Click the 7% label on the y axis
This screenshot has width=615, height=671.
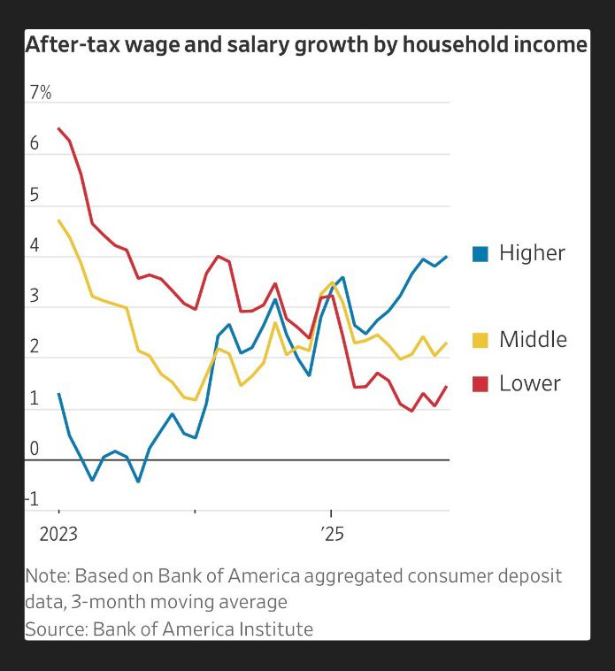click(40, 92)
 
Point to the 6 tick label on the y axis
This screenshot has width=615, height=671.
click(34, 143)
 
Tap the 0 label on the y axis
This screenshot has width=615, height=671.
click(34, 449)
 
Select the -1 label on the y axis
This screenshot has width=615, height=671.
click(33, 499)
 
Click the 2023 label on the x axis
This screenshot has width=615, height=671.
click(58, 535)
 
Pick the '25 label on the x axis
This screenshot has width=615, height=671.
click(332, 535)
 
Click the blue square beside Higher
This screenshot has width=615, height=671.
click(480, 253)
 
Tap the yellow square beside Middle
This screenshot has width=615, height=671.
click(480, 340)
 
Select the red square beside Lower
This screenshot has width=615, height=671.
click(480, 383)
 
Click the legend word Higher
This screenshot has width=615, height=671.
click(532, 253)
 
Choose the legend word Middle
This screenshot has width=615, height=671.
click(533, 340)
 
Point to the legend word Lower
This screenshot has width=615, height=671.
click(529, 383)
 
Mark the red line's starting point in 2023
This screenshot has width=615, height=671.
click(59, 129)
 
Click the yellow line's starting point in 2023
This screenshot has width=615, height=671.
click(59, 220)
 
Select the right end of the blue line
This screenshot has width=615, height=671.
click(447, 257)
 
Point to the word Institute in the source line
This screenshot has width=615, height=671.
click(274, 629)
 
